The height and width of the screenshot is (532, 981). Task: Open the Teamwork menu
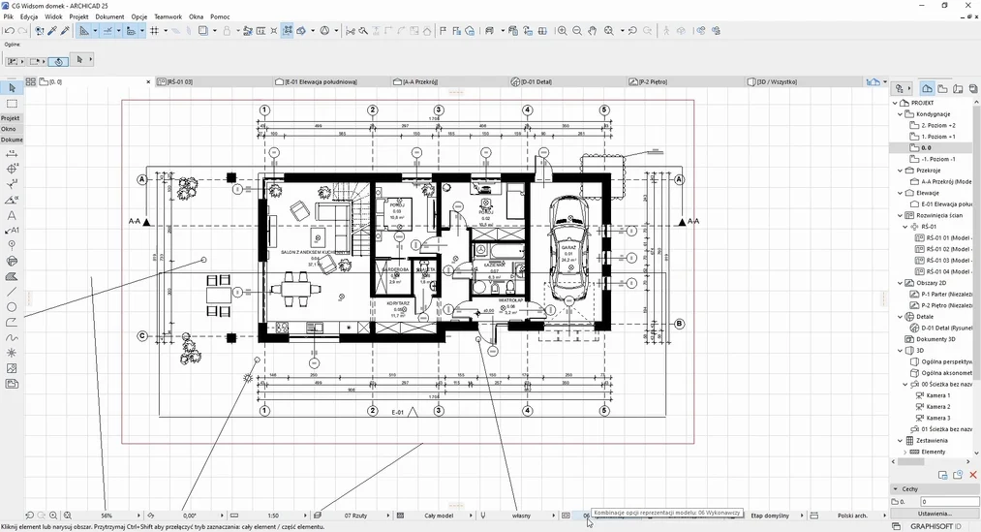point(168,16)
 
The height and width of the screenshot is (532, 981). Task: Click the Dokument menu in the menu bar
point(109,16)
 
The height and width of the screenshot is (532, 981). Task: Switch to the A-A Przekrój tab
point(422,82)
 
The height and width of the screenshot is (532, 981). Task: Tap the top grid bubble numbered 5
point(604,110)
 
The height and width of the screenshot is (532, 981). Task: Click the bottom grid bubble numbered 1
point(264,411)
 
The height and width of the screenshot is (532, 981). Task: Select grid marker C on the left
point(142,336)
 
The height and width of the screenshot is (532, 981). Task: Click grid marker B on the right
point(679,324)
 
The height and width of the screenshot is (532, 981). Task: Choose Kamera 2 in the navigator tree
point(937,407)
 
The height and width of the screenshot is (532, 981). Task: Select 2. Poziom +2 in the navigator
point(937,125)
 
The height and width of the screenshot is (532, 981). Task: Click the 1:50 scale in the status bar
point(273,516)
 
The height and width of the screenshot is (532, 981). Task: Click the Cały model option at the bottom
point(439,516)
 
